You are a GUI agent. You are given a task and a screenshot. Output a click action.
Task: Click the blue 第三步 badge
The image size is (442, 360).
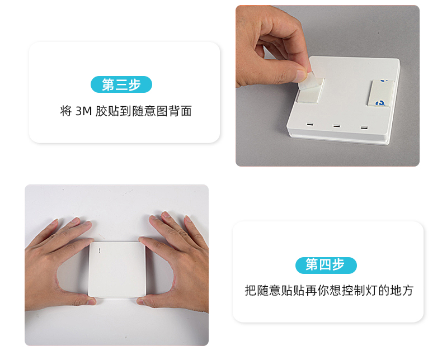[x=121, y=84]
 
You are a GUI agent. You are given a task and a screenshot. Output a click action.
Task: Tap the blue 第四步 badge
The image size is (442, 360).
[x=326, y=265]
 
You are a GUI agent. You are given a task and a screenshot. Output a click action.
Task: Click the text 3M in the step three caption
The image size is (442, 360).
[x=84, y=111]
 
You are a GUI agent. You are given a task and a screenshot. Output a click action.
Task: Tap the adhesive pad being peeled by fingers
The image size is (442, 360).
[x=309, y=89]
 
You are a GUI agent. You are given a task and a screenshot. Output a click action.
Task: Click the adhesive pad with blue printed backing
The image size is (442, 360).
[x=380, y=93]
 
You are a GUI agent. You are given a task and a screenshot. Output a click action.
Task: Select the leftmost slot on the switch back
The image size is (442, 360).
[x=310, y=124]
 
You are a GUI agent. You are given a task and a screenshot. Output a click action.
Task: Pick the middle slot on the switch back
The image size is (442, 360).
[x=336, y=126]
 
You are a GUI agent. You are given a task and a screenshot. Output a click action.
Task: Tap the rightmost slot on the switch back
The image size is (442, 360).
[x=364, y=127]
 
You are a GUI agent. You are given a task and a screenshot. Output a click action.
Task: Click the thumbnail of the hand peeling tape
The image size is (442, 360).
[x=327, y=86]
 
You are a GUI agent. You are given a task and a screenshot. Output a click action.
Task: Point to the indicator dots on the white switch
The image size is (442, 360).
[x=99, y=250]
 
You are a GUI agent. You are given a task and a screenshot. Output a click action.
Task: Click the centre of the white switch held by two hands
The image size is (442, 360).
[x=117, y=269]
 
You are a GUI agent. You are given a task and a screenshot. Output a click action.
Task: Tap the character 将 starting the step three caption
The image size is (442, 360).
[x=66, y=111]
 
